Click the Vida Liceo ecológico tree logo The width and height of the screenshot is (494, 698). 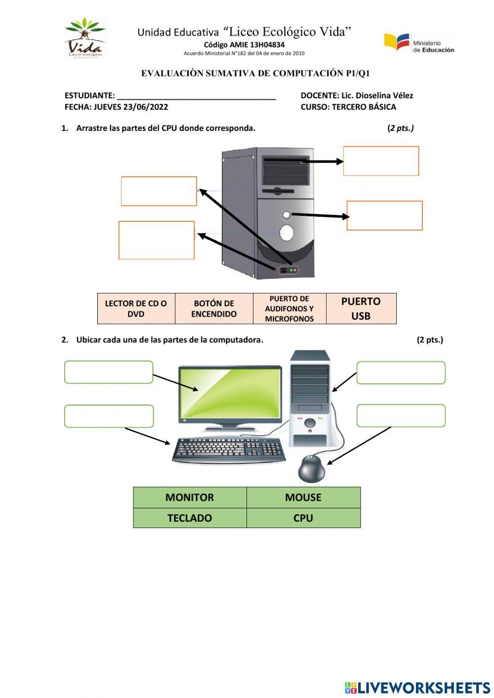pos(84,38)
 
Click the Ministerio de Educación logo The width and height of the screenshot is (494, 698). pos(419,43)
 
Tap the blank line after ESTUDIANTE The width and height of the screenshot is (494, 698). pos(196,96)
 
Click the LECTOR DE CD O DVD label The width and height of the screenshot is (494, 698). pos(136,309)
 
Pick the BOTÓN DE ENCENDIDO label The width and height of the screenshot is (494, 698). pos(214,309)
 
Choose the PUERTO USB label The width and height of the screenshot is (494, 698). pos(361,309)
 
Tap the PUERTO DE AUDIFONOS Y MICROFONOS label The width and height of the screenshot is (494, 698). pos(289,309)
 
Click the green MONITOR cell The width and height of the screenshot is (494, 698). pos(190,497)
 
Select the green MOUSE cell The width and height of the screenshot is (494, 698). pos(303,497)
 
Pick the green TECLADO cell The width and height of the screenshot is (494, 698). pos(190,518)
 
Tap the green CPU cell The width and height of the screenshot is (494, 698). pos(303,518)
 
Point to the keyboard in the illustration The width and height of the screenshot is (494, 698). pos(228,450)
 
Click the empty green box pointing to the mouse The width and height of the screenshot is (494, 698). pos(401,416)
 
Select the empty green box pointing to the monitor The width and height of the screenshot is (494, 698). pos(109,372)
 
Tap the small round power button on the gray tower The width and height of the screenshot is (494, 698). pos(286,214)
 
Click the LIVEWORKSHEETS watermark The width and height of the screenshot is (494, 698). pos(417,688)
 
